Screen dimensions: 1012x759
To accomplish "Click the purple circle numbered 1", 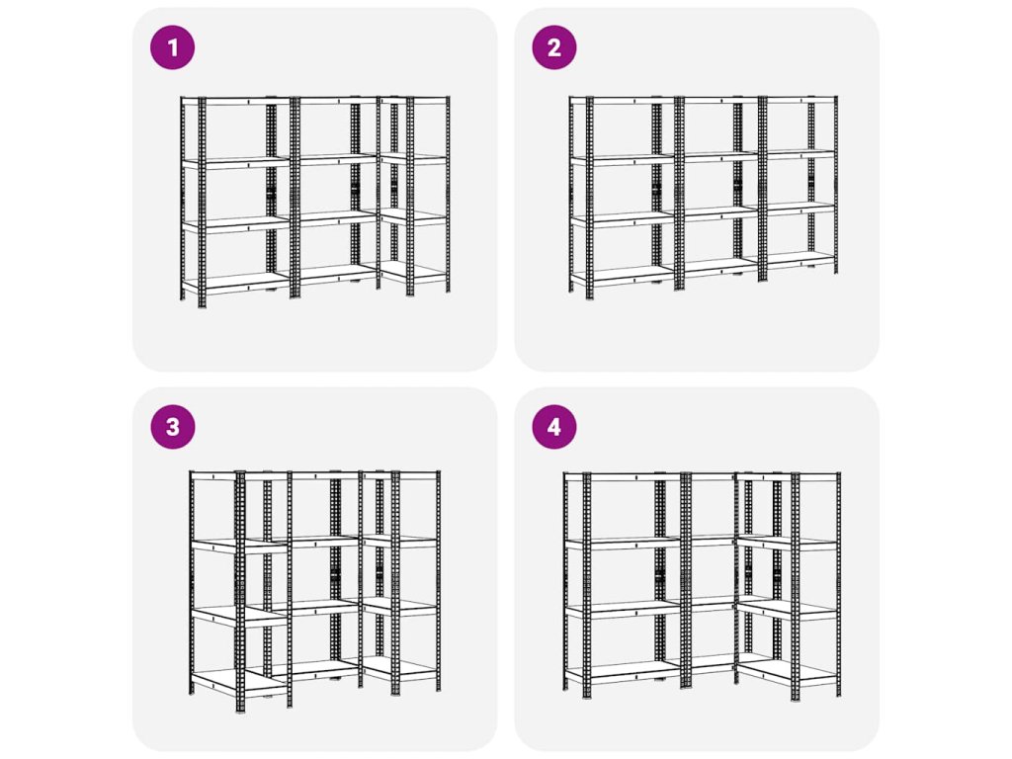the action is point(172,47).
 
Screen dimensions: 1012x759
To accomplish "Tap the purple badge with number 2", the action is point(553,47).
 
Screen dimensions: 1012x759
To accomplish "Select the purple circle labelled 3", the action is point(172,427).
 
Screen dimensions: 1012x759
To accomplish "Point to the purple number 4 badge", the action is point(553,427).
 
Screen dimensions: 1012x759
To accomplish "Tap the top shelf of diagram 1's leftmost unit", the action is point(236,100).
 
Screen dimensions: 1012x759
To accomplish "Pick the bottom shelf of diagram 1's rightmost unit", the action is point(413,271).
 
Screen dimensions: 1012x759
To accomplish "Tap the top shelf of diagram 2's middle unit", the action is point(720,100).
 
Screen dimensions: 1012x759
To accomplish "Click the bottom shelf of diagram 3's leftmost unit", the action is point(239,680).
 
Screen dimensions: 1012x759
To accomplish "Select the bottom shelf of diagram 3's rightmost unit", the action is point(400,667).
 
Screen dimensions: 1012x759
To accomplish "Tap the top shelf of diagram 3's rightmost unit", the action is point(400,475).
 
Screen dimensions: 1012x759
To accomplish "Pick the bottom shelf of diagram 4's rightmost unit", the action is point(789,670).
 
